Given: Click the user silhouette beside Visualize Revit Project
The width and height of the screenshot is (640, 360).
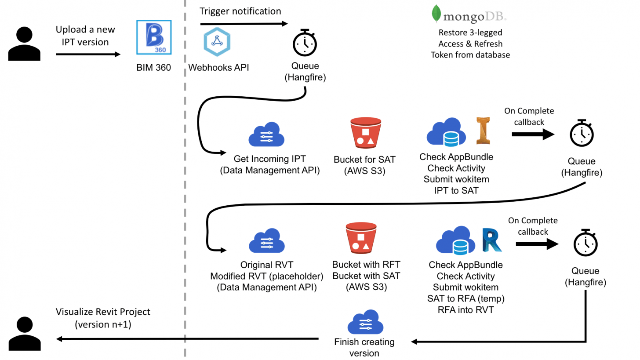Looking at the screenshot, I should click(x=25, y=334).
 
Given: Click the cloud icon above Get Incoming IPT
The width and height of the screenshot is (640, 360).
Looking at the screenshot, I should click(x=266, y=134).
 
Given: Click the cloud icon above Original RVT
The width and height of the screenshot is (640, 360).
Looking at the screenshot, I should click(x=266, y=241).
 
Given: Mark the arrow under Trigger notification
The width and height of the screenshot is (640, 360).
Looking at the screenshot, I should click(x=244, y=23).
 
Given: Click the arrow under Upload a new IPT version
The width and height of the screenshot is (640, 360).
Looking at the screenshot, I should click(x=88, y=55).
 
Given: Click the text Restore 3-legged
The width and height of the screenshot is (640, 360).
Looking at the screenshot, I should click(x=470, y=33).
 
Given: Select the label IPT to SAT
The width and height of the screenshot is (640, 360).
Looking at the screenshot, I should click(x=456, y=190).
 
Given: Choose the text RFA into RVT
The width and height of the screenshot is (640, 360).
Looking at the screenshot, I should click(x=465, y=310).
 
